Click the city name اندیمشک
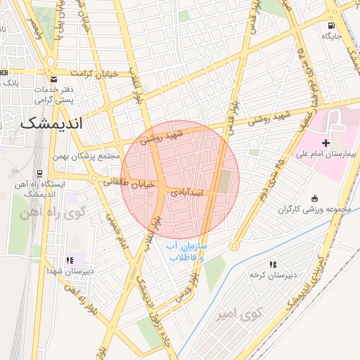point(51,123)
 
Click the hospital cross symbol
point(326,142)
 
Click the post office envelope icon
point(54,79)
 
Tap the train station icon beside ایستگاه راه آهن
point(39,174)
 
